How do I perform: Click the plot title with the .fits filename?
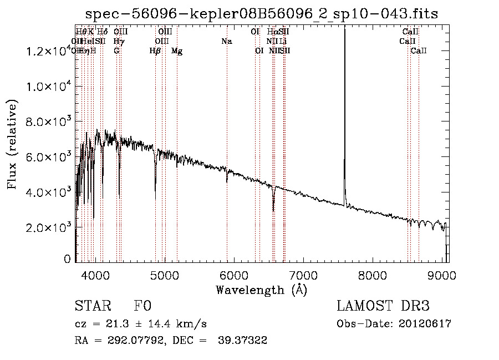click(262, 14)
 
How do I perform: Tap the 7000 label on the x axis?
click(303, 275)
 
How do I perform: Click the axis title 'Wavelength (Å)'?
click(261, 290)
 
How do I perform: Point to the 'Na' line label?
click(226, 41)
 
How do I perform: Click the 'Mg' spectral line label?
click(177, 51)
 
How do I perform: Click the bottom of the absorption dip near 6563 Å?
click(273, 211)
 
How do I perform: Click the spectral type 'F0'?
click(142, 306)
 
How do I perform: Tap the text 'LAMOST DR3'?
click(383, 306)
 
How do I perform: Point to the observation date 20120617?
click(426, 323)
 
